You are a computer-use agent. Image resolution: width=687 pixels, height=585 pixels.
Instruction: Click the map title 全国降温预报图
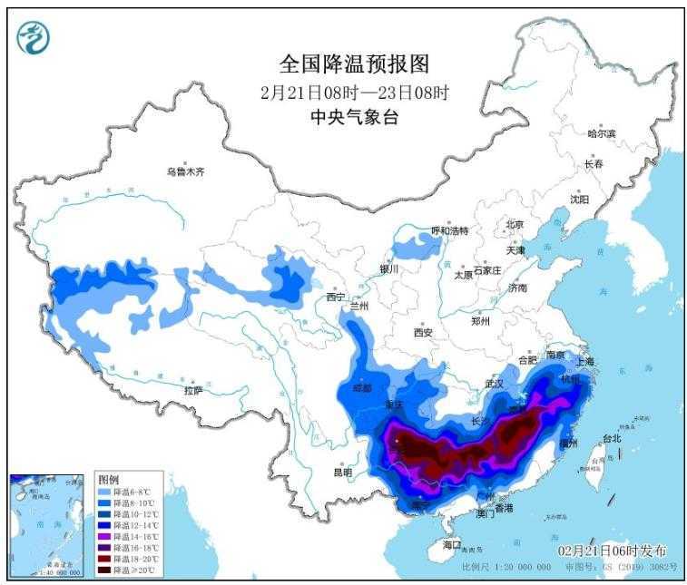click(x=354, y=64)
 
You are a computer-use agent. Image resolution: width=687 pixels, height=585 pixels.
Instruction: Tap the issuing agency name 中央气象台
click(x=354, y=118)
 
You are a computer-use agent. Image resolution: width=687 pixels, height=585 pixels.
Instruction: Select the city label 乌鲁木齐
click(x=185, y=171)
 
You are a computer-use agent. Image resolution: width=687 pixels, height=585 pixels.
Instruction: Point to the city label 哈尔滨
click(x=601, y=133)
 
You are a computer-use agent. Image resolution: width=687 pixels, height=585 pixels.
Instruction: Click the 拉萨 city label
click(x=192, y=391)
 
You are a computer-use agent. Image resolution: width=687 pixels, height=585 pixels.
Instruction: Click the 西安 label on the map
click(x=424, y=332)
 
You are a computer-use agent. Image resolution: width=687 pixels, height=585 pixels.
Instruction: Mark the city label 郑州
click(x=480, y=321)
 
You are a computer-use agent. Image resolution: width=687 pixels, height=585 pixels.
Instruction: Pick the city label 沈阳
click(x=579, y=199)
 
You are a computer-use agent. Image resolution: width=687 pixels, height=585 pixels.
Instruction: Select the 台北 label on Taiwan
click(x=613, y=438)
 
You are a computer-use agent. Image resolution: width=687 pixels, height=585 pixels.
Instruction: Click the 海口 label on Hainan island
click(x=452, y=544)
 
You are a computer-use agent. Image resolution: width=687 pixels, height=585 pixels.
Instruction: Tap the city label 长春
click(x=594, y=164)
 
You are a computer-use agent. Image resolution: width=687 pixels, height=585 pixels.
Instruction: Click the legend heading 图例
click(x=108, y=478)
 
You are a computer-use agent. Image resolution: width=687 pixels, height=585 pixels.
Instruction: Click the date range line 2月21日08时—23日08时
click(x=354, y=92)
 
